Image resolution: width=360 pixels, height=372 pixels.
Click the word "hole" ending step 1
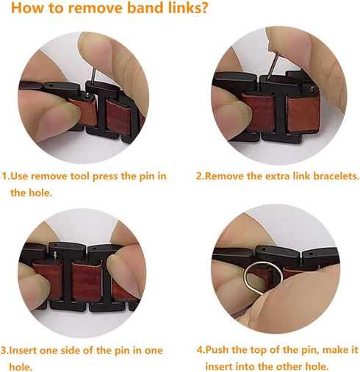tap(67, 193)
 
